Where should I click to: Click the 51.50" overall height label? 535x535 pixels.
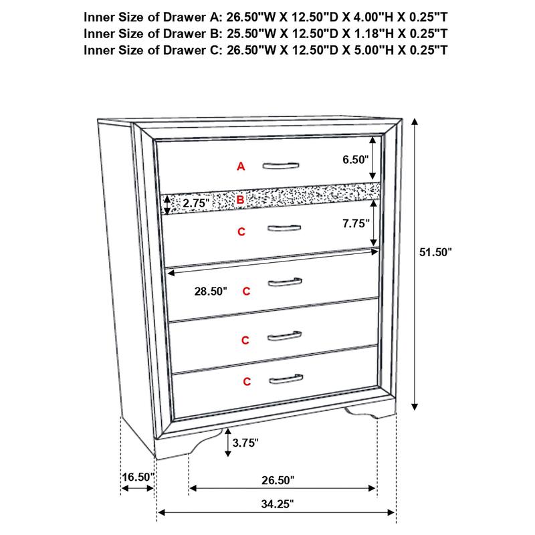pos(435,252)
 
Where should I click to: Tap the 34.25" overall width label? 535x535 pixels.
pos(276,504)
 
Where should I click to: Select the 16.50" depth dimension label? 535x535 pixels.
pos(138,477)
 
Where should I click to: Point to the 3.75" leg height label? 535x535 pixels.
pos(245,442)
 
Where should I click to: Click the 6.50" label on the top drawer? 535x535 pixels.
pos(355,160)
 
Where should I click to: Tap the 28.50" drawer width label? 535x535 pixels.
pos(211,292)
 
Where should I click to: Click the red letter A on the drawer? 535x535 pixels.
pos(241,167)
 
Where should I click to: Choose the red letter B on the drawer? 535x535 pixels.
pos(241,199)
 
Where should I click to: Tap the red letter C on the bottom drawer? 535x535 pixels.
pos(247,382)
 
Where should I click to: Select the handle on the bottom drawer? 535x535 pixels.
pos(286,381)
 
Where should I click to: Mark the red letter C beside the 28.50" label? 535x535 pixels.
pos(246,292)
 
